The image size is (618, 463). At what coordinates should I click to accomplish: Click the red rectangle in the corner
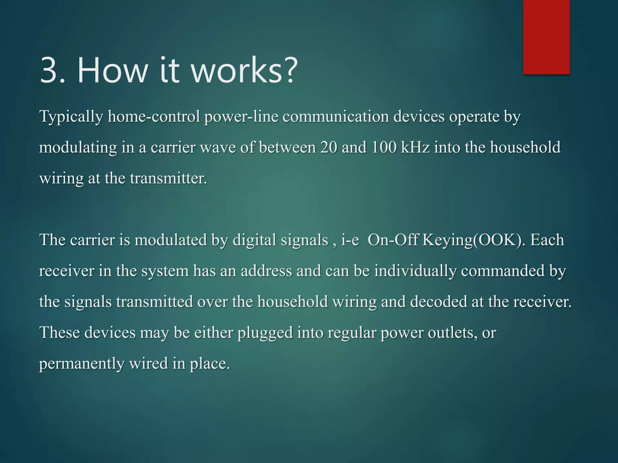tap(546, 37)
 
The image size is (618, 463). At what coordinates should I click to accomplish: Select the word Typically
tap(71, 117)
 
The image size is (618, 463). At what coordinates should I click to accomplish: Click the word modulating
tap(78, 148)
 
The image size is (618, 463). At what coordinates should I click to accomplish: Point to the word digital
tap(254, 240)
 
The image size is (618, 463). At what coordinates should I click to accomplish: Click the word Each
tap(547, 240)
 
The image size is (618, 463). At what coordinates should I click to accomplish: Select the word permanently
tap(82, 364)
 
